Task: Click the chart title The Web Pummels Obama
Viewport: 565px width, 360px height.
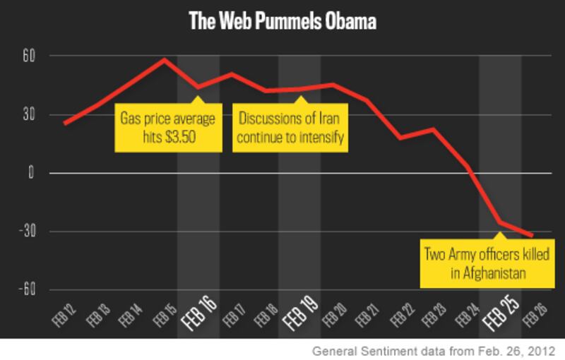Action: click(282, 22)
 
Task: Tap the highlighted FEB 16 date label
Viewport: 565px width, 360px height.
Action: click(197, 317)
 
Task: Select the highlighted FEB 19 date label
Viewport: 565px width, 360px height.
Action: click(299, 317)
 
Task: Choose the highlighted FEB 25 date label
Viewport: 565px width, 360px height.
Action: click(501, 317)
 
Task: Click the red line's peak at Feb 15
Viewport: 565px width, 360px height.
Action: click(165, 59)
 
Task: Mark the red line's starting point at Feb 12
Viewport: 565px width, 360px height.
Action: click(64, 124)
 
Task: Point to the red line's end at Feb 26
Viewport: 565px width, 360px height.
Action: click(532, 236)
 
